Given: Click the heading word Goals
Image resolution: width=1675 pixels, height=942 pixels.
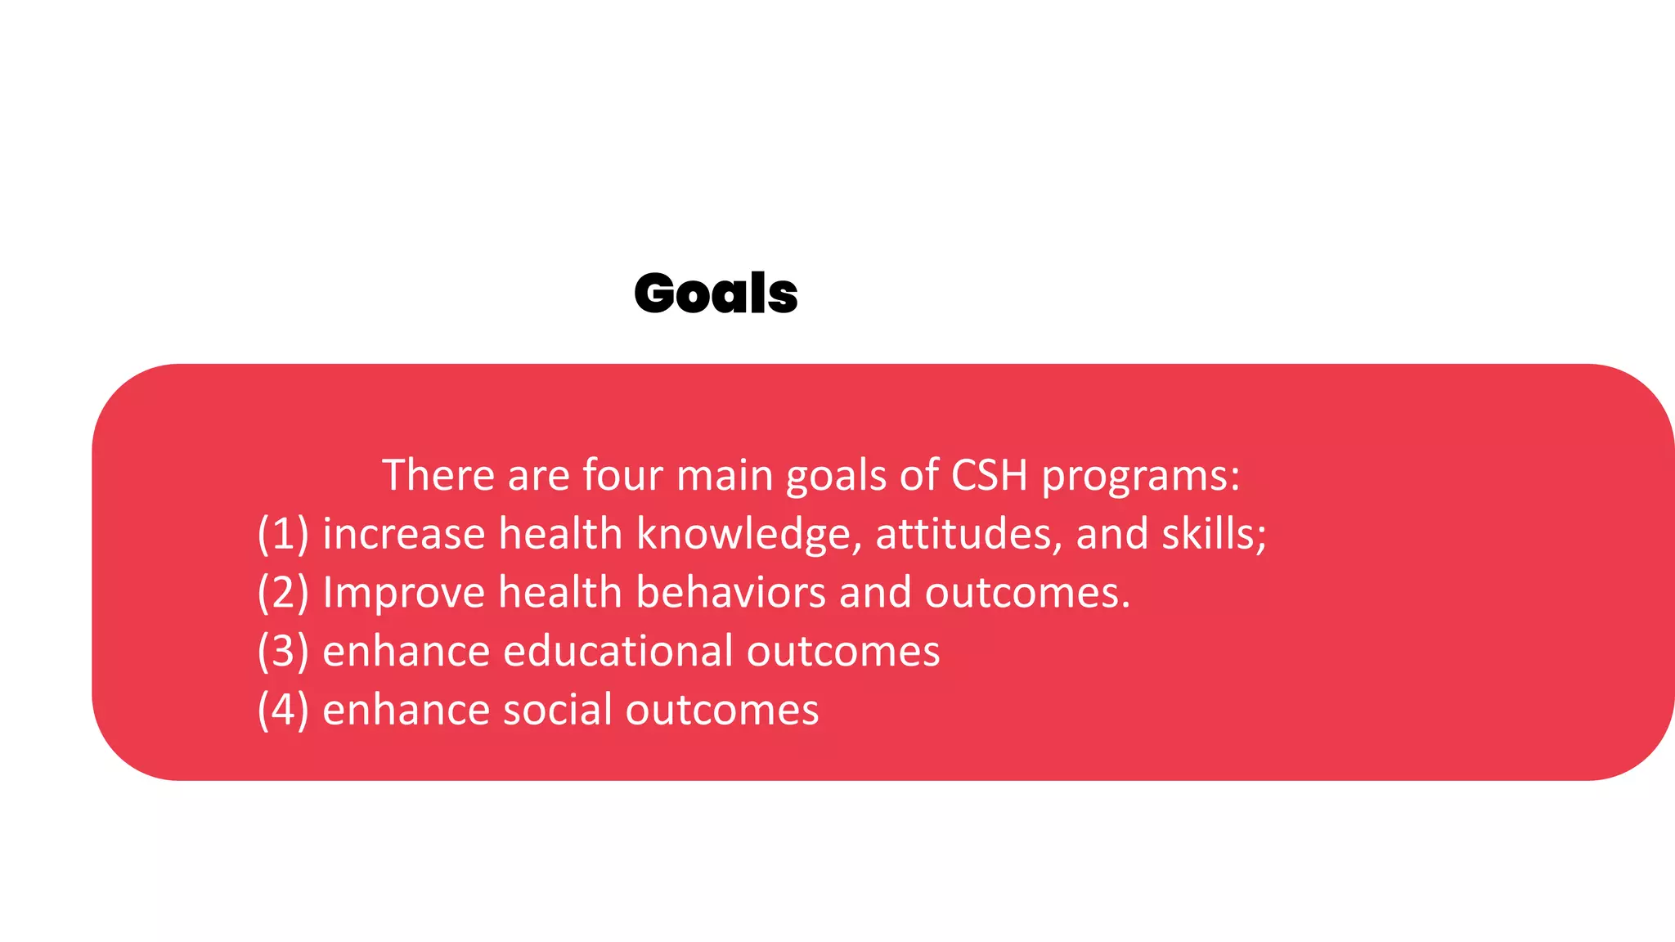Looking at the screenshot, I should click(716, 294).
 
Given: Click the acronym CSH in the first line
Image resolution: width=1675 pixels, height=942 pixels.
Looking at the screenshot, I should click(989, 475).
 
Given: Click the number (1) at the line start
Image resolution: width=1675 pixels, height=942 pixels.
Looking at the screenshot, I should click(283, 534).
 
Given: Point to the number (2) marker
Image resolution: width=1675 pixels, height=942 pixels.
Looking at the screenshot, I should click(283, 593).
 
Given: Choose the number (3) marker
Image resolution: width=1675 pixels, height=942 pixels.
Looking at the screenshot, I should click(283, 652).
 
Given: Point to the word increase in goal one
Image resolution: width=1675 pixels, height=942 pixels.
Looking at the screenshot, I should click(404, 534).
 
